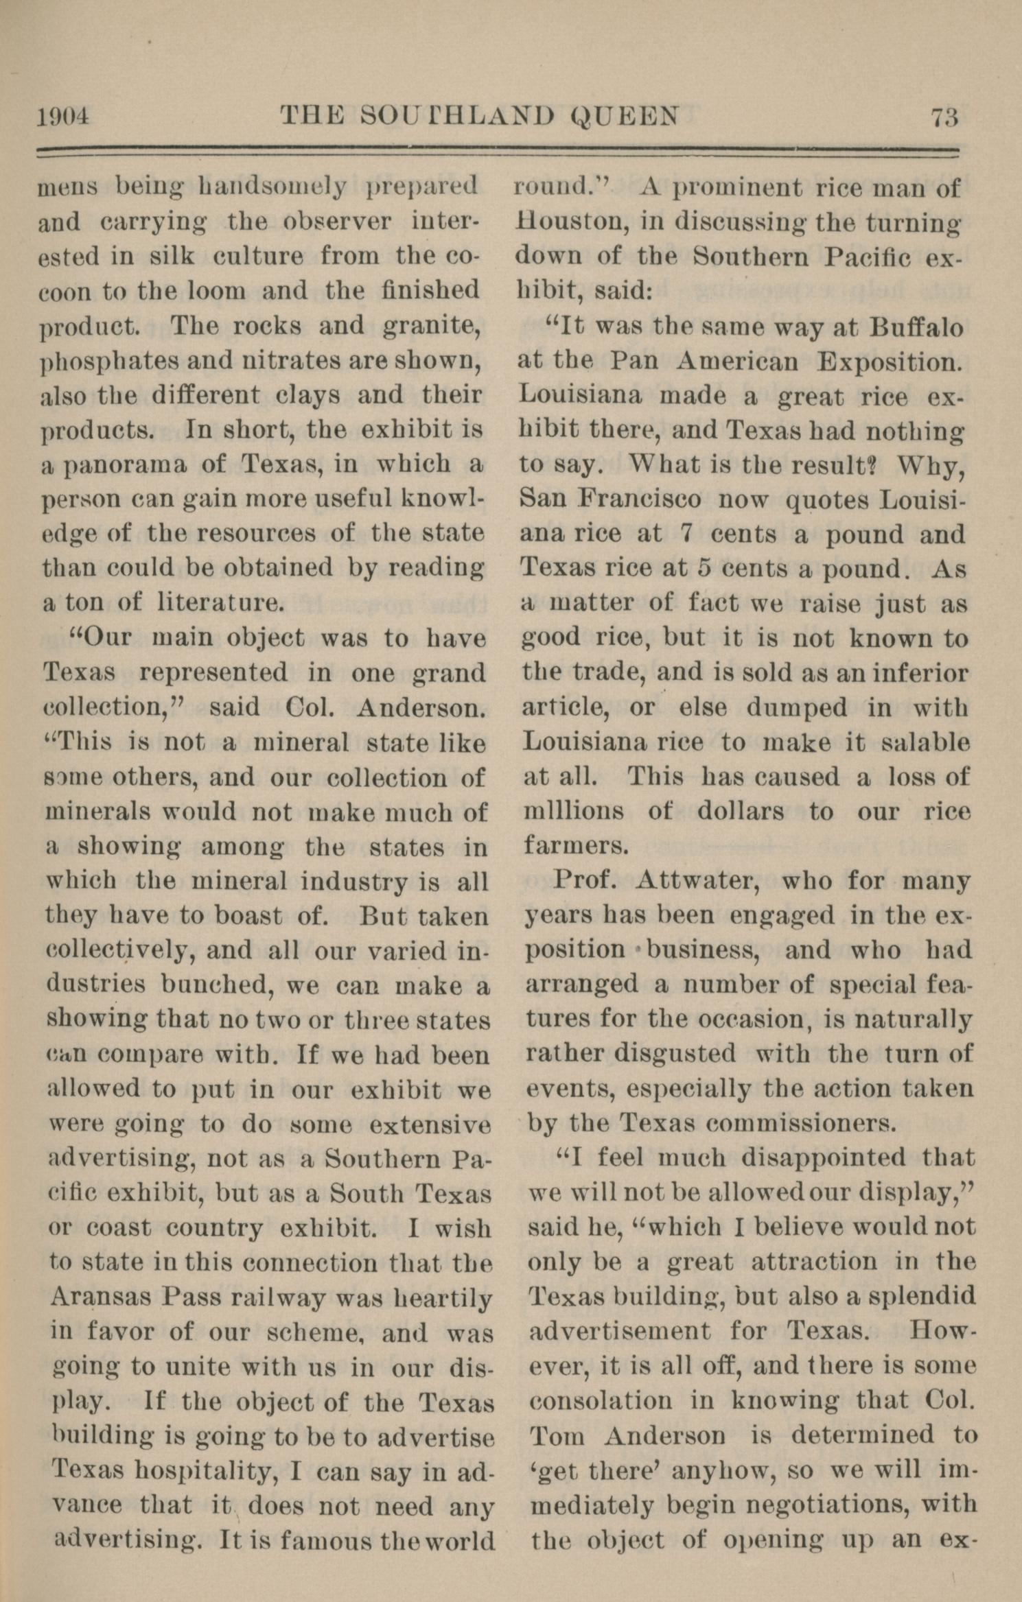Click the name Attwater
tap(697, 880)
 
